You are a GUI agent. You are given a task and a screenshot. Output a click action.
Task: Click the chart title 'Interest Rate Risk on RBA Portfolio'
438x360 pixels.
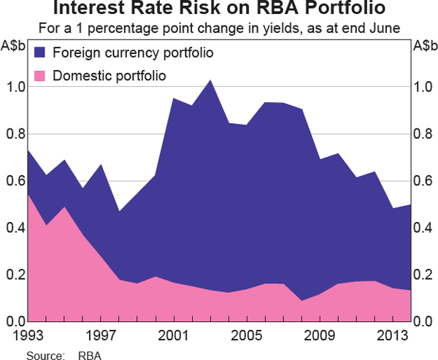point(218,10)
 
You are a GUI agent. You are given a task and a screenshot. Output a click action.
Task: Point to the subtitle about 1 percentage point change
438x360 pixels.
point(218,29)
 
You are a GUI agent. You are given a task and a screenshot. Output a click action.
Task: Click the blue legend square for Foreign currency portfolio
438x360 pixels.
point(41,53)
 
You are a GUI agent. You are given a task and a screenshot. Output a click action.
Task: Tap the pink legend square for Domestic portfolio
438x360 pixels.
point(41,75)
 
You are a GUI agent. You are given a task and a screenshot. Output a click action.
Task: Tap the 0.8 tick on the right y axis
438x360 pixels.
point(423,134)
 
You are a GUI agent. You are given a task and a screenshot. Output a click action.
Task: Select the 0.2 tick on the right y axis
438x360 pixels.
point(423,275)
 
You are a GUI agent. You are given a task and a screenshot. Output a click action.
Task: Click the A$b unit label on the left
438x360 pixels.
point(15,46)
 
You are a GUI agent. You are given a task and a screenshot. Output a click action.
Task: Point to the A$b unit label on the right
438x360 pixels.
point(423,46)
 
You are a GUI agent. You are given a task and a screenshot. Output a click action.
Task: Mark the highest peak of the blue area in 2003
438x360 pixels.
point(210,80)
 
